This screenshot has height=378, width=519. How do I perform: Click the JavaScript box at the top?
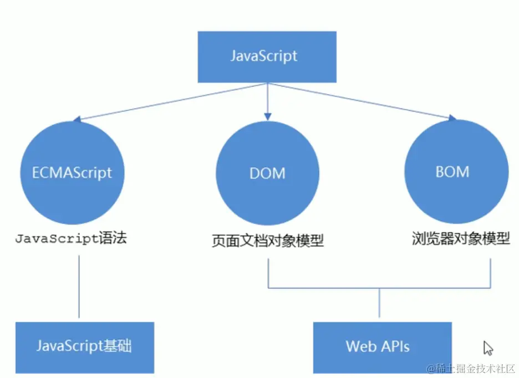(x=267, y=57)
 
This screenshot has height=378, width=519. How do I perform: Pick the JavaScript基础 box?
(x=84, y=347)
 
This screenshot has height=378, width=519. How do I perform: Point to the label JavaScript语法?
(x=71, y=239)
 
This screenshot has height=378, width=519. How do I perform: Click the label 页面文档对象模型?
(x=268, y=241)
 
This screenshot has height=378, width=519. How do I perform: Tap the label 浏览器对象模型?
(x=460, y=239)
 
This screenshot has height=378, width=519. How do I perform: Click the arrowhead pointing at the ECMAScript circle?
(x=78, y=119)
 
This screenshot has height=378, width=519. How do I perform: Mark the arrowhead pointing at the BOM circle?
(x=452, y=118)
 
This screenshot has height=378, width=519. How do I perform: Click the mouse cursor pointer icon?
(x=487, y=348)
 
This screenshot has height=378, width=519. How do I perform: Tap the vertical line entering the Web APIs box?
(x=379, y=305)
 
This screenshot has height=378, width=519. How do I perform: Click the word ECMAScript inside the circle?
(x=72, y=172)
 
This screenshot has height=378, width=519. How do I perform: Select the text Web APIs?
(x=378, y=347)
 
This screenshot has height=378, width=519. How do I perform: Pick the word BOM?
(x=452, y=172)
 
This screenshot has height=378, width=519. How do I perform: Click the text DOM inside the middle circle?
(x=267, y=173)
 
